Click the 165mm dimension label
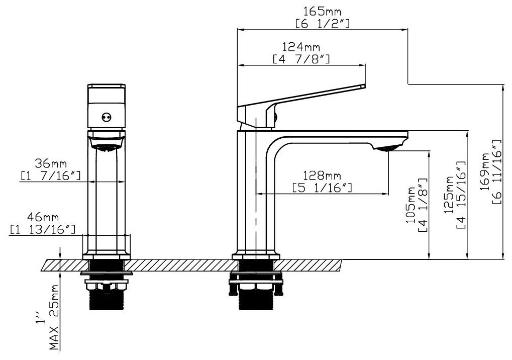click(322, 12)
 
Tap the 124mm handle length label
click(301, 47)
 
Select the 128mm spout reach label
click(322, 176)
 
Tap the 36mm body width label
click(51, 163)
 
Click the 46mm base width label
click(43, 217)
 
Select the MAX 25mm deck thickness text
click(55, 317)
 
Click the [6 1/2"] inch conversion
click(322, 24)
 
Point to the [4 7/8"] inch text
click(301, 59)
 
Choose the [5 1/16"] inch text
click(322, 188)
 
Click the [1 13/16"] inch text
click(43, 229)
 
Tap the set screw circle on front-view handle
click(106, 117)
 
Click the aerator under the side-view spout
click(385, 149)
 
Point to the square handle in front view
click(106, 106)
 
